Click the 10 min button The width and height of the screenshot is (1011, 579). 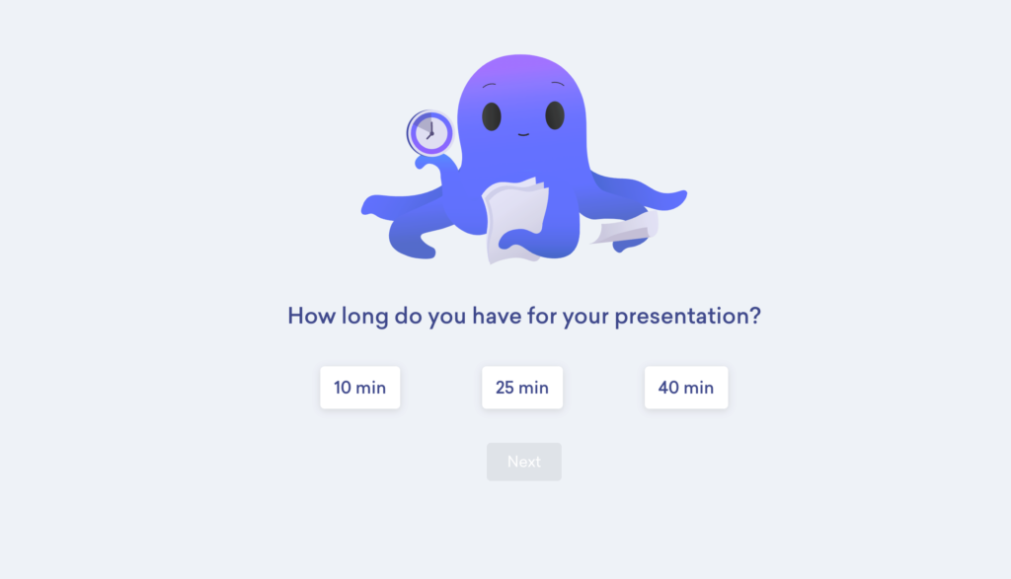click(x=359, y=388)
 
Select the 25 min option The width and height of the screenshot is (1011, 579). click(x=521, y=388)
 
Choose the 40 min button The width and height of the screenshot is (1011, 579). click(x=685, y=388)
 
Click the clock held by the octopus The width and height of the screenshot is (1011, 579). click(x=430, y=132)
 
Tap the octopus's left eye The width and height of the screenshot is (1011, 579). click(x=492, y=115)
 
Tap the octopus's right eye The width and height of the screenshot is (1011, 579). click(x=555, y=115)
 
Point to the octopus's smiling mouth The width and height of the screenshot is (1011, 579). click(x=523, y=134)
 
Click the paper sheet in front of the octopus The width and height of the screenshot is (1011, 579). click(x=514, y=219)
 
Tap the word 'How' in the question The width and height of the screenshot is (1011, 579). click(x=308, y=317)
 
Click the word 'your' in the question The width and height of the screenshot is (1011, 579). click(x=586, y=317)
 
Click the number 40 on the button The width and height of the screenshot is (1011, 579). click(x=668, y=388)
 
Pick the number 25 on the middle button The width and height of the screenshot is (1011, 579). click(x=505, y=388)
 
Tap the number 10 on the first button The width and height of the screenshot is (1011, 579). click(x=343, y=388)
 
